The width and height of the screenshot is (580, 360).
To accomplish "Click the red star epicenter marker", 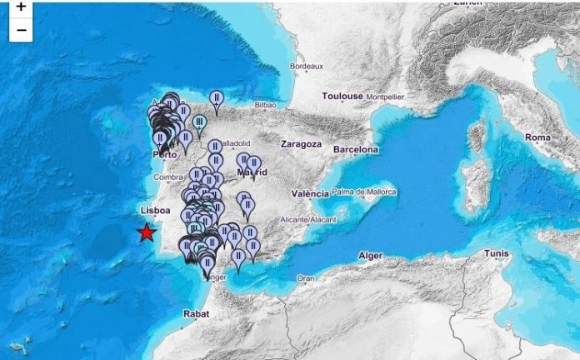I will pyautogui.click(x=147, y=232).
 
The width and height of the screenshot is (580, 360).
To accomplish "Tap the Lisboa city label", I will pyautogui.click(x=156, y=211).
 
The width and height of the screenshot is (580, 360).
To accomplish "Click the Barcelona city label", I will pyautogui.click(x=356, y=149).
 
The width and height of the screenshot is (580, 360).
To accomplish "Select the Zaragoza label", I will pyautogui.click(x=302, y=143).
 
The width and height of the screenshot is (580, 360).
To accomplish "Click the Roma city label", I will pyautogui.click(x=538, y=137).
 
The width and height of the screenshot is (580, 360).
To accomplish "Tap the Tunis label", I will pyautogui.click(x=497, y=253).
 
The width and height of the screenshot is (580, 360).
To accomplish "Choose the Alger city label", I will pyautogui.click(x=369, y=255).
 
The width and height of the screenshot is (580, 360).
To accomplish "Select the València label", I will pyautogui.click(x=309, y=193).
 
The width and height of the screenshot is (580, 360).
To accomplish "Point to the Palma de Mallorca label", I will pyautogui.click(x=364, y=192).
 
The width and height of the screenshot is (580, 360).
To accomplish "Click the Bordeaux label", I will pyautogui.click(x=306, y=66).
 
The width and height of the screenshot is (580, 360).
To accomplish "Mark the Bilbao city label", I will pyautogui.click(x=265, y=106).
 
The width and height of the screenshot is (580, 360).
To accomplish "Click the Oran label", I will pyautogui.click(x=305, y=278).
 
